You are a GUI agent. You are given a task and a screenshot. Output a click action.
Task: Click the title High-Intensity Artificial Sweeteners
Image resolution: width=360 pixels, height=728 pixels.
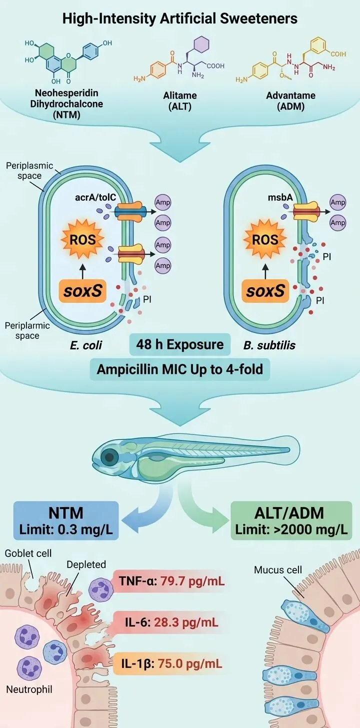179,18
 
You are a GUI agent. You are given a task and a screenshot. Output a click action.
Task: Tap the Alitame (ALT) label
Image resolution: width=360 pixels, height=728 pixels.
180,101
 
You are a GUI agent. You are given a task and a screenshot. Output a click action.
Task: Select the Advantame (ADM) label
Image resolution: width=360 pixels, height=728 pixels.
291,101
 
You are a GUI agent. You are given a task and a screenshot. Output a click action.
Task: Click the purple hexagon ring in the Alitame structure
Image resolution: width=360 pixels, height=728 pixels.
201,44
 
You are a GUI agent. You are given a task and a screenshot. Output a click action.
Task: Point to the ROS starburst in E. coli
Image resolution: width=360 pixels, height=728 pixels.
82,239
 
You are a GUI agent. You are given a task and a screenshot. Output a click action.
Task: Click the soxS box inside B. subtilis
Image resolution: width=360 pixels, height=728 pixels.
265,291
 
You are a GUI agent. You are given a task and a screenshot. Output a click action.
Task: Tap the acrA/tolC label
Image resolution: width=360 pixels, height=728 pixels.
95,197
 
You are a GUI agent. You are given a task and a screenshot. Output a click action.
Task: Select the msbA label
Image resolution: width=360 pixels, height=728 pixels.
280,197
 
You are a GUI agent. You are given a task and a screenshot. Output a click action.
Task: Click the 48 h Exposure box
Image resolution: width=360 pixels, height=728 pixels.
180,344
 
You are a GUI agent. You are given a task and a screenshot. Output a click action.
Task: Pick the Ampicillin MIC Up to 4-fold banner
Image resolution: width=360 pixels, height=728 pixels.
180,369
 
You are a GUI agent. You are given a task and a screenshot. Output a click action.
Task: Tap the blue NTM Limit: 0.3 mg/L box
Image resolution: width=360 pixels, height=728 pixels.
66,520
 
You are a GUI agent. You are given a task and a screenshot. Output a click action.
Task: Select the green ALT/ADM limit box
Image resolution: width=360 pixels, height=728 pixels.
291,520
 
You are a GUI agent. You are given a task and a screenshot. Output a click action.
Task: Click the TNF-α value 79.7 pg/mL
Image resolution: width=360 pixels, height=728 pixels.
190,581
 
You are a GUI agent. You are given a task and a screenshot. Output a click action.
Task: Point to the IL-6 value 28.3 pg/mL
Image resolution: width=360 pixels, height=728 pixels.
186,622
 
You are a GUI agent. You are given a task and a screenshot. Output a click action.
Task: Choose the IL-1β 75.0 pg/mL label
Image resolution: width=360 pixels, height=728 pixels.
171,663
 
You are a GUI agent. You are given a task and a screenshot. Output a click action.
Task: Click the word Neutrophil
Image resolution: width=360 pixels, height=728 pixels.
29,689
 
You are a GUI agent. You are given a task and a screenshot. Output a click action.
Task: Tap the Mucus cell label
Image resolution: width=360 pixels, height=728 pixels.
278,569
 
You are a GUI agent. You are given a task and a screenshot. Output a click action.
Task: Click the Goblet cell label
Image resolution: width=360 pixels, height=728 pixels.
28,553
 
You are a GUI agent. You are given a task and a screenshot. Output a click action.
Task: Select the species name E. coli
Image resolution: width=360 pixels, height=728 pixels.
86,345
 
